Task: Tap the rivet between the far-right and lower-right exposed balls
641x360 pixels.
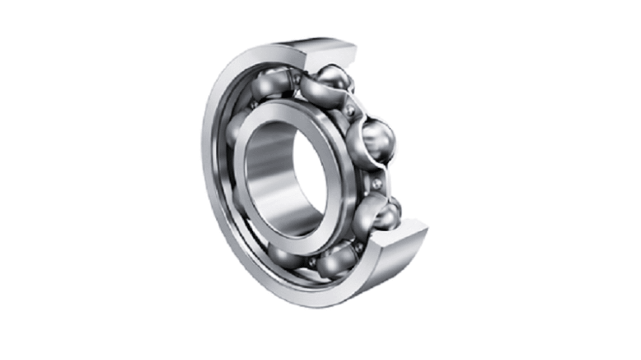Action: point(377,183)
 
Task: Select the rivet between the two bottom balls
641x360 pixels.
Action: point(311,261)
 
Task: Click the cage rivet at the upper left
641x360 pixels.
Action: point(254,105)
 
